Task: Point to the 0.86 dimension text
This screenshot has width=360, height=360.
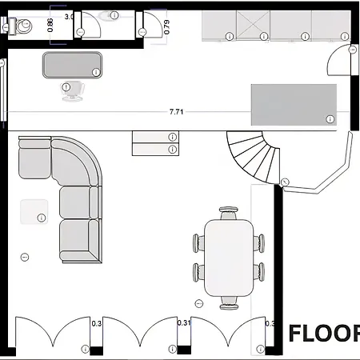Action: pos(51,26)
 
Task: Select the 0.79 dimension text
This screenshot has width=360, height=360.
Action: pos(166,26)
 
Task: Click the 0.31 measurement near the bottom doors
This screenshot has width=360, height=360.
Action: pos(183,323)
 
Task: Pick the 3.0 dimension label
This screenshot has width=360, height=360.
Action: pos(69,16)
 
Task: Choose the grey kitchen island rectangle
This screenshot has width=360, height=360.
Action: pos(294,102)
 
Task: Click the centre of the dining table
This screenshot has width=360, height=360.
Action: pos(229,258)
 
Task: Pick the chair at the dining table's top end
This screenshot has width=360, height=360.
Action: pos(229,213)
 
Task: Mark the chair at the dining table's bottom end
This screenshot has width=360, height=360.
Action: pos(229,302)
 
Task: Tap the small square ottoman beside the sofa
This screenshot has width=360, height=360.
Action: pos(34,211)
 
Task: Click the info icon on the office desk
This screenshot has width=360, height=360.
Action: pos(96,72)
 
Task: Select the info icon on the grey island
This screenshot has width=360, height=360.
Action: pos(329,118)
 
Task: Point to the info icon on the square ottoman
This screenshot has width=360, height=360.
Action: pos(41,217)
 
